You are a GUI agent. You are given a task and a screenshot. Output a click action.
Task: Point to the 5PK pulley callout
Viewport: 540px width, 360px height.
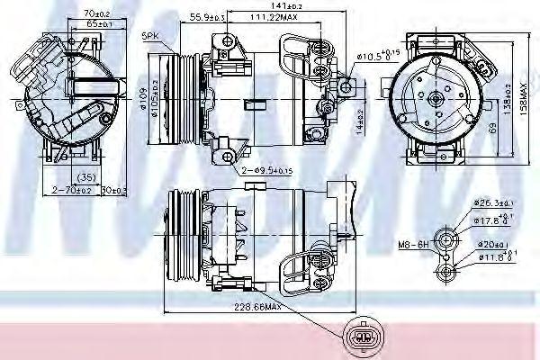pos(148,36)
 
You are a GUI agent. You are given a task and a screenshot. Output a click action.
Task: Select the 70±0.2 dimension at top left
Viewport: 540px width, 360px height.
pos(85,13)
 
